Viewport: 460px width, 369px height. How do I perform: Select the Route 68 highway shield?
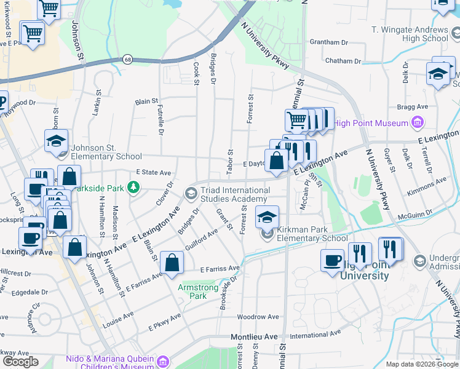tap(127, 60)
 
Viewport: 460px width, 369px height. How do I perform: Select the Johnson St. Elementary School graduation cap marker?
tap(56, 141)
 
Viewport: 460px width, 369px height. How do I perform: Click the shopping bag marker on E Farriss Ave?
tap(172, 263)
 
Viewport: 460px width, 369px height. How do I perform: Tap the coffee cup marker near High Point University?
tap(332, 260)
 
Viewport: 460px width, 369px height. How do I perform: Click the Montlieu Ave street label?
tap(254, 337)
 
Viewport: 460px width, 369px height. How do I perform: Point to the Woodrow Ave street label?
tap(254, 317)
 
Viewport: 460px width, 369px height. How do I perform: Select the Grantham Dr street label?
tap(329, 42)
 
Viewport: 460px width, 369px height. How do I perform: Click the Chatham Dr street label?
tap(343, 61)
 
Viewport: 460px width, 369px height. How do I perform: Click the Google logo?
tap(20, 362)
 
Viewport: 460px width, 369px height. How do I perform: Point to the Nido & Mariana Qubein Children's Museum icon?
tap(162, 361)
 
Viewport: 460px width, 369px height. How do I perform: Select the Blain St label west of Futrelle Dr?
tap(147, 100)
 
